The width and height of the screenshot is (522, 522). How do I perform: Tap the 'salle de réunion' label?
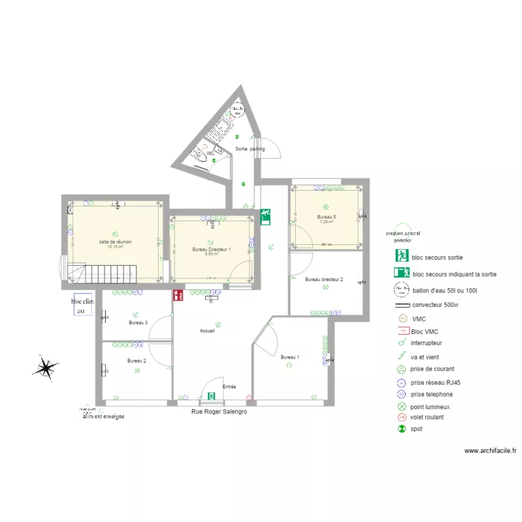(x=115, y=242)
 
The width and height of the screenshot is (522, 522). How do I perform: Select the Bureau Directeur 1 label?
(x=212, y=248)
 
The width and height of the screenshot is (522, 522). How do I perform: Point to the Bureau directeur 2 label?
(x=324, y=279)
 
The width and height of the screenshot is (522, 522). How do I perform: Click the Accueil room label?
(x=207, y=331)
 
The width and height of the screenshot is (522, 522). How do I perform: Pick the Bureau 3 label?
(x=138, y=322)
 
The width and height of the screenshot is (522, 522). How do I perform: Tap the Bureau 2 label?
(x=136, y=361)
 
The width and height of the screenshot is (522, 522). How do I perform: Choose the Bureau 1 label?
(x=290, y=357)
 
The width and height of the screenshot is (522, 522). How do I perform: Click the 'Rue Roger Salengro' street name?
(x=219, y=411)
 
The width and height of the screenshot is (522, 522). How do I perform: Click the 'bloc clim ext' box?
(x=82, y=306)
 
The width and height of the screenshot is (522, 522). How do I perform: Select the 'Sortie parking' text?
(x=250, y=149)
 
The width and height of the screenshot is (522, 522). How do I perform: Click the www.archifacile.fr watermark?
(x=490, y=451)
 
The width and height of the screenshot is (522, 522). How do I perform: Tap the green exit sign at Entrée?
(x=211, y=397)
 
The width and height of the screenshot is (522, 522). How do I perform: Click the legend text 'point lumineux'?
(x=431, y=406)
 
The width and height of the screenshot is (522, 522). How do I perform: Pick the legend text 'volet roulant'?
(x=427, y=417)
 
